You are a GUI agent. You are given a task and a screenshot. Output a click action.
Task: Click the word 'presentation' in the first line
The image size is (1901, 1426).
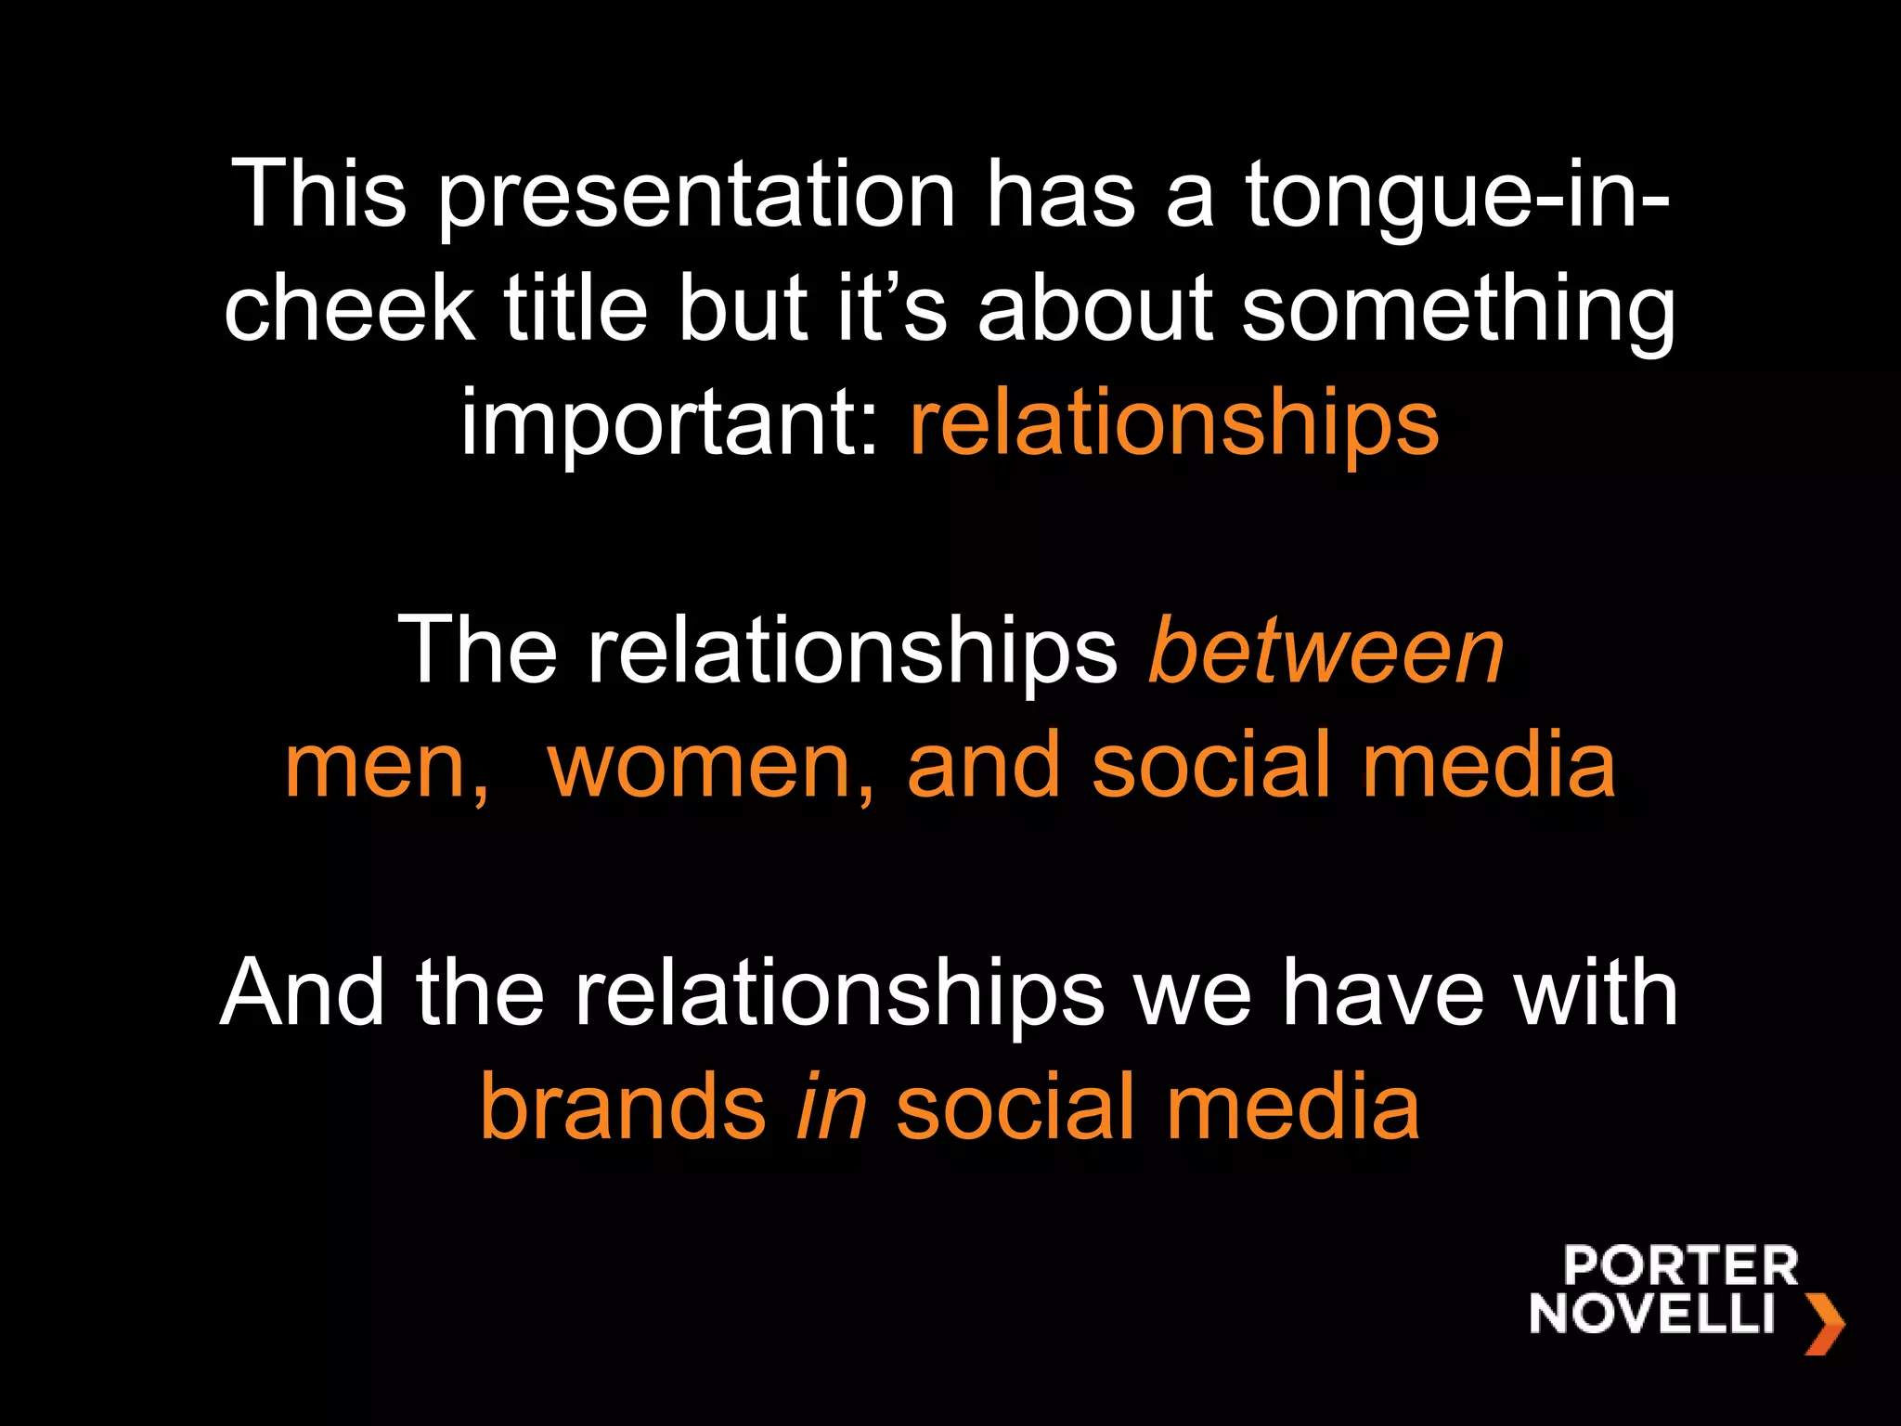point(696,197)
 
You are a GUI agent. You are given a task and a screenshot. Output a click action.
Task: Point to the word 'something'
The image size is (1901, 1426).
point(1458,311)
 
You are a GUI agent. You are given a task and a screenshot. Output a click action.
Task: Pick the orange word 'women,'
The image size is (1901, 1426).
point(711,766)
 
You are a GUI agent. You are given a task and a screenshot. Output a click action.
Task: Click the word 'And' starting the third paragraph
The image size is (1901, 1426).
point(303,993)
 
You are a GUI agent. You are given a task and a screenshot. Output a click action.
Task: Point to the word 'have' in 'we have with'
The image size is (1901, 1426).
point(1383,993)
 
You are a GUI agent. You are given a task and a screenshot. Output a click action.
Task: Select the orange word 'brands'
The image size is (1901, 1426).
point(623,1108)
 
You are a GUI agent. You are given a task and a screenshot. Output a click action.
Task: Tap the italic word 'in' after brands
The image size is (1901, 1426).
point(832,1108)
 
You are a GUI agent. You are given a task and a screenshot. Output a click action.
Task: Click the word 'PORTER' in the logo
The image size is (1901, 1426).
point(1680,1266)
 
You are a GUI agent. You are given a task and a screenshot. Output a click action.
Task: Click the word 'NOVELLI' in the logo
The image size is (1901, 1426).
point(1652,1314)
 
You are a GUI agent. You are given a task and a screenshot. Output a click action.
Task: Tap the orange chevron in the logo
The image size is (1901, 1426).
point(1824,1323)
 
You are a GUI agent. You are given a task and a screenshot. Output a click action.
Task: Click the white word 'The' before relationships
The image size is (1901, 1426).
point(477,652)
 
